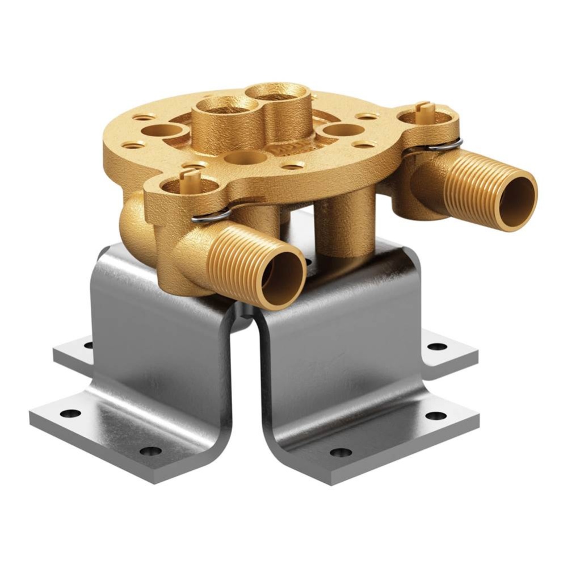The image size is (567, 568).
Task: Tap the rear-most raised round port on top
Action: [x=280, y=93]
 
